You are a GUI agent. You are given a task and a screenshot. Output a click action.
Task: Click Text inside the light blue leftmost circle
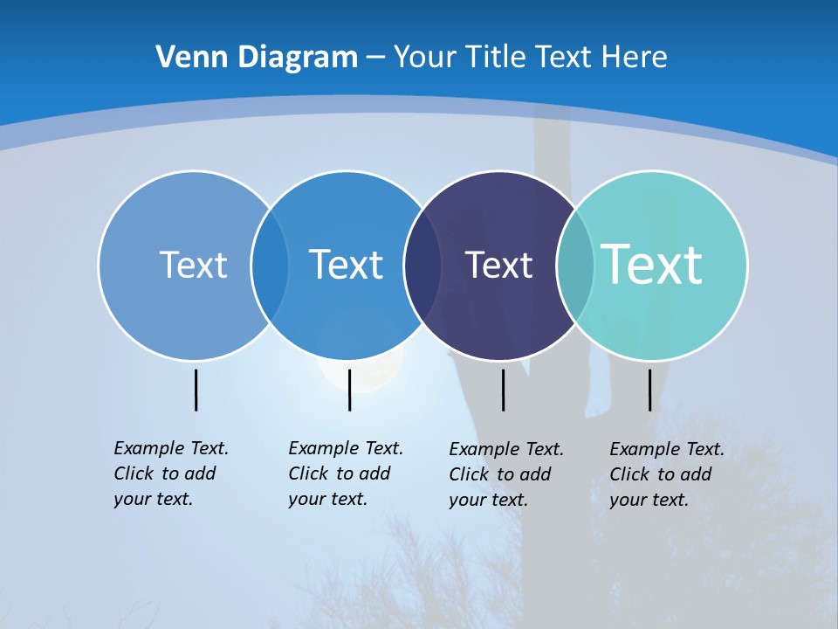pyautogui.click(x=193, y=265)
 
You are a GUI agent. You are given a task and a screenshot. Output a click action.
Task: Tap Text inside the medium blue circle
pyautogui.click(x=346, y=265)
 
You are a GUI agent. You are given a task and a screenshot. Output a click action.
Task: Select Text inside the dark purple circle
pyautogui.click(x=498, y=265)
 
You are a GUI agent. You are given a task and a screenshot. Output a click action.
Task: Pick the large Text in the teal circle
pyautogui.click(x=652, y=265)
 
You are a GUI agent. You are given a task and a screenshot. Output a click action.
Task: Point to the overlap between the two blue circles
pyautogui.click(x=270, y=265)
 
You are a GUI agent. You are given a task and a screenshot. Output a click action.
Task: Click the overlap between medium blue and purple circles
pyautogui.click(x=422, y=265)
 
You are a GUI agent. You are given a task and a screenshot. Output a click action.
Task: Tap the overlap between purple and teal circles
pyautogui.click(x=575, y=265)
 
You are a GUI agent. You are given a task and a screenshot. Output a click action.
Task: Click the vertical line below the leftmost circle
pyautogui.click(x=196, y=390)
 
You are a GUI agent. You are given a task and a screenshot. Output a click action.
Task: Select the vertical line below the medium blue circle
pyautogui.click(x=349, y=390)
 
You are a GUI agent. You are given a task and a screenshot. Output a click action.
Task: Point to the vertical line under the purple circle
pyautogui.click(x=503, y=390)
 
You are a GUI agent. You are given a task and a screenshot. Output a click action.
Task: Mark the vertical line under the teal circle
pyautogui.click(x=649, y=390)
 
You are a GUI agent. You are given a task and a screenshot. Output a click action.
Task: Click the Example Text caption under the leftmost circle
pyautogui.click(x=170, y=473)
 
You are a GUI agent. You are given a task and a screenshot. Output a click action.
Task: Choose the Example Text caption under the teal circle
pyautogui.click(x=666, y=474)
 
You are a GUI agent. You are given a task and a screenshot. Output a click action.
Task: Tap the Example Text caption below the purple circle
pyautogui.click(x=505, y=474)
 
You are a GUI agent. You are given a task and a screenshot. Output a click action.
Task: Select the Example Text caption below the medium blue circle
pyautogui.click(x=345, y=473)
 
